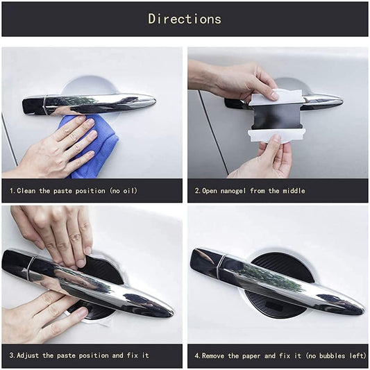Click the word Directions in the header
(185, 19)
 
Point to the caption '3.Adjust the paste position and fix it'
(79, 355)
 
